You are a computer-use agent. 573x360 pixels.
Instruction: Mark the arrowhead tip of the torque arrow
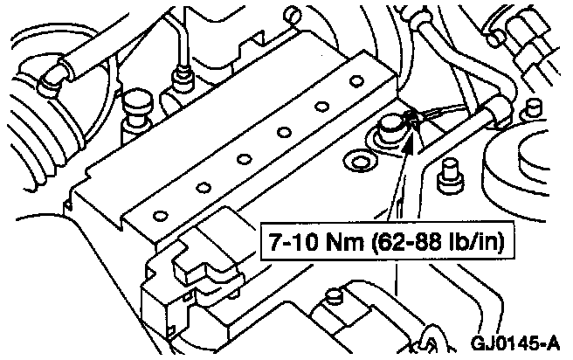coord(410,131)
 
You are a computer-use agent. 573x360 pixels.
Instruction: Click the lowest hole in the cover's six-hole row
coord(159,215)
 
